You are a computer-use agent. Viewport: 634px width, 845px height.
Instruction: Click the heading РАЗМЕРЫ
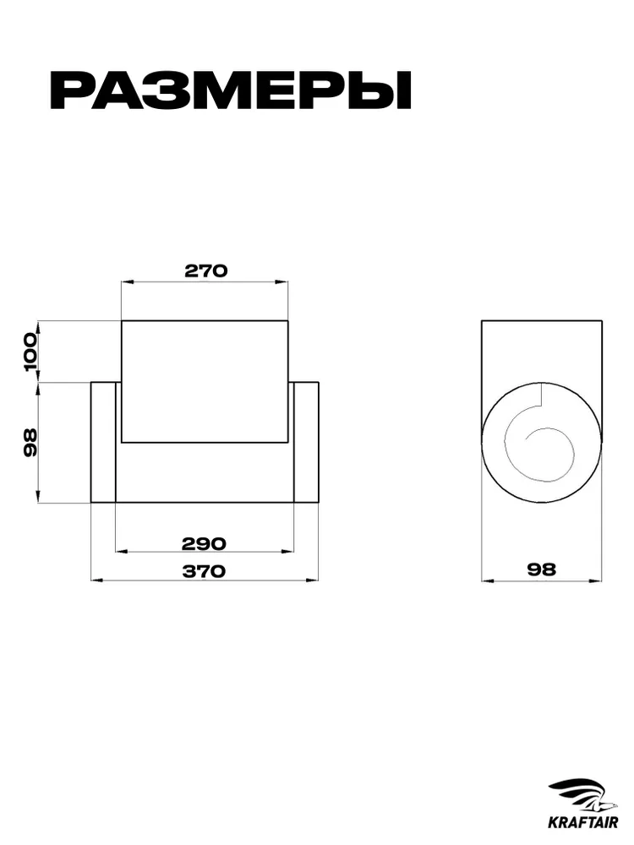(230, 90)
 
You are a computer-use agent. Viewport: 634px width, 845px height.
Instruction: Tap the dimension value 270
(206, 270)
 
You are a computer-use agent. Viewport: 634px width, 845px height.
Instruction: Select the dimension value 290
(204, 543)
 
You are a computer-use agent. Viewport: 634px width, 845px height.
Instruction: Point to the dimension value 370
(203, 571)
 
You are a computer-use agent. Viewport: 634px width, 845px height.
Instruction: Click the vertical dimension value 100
(30, 352)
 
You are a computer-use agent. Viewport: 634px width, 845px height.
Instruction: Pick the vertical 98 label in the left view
(30, 443)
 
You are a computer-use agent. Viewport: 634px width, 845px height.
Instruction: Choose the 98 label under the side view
(541, 569)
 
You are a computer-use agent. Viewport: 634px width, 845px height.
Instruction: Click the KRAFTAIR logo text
(582, 823)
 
